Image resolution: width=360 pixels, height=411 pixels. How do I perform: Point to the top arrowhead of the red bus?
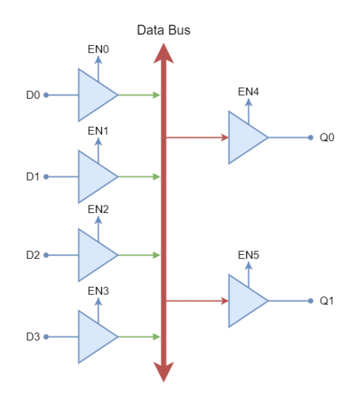tap(164, 53)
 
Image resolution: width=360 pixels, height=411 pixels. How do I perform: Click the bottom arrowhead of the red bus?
tap(164, 372)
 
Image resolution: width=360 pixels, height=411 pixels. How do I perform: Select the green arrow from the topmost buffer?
tap(139, 95)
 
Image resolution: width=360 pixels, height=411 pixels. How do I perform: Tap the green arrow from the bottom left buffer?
tap(139, 337)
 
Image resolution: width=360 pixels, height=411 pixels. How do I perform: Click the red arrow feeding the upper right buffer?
tap(197, 138)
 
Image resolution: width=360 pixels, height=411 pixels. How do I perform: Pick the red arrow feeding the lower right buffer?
tap(197, 301)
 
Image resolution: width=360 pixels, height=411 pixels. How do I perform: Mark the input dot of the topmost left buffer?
tap(46, 95)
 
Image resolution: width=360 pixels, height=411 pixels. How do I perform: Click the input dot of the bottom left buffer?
tap(46, 337)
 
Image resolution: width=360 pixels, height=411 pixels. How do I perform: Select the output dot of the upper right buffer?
tap(311, 138)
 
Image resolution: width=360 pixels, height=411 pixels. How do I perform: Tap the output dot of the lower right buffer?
tap(311, 301)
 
